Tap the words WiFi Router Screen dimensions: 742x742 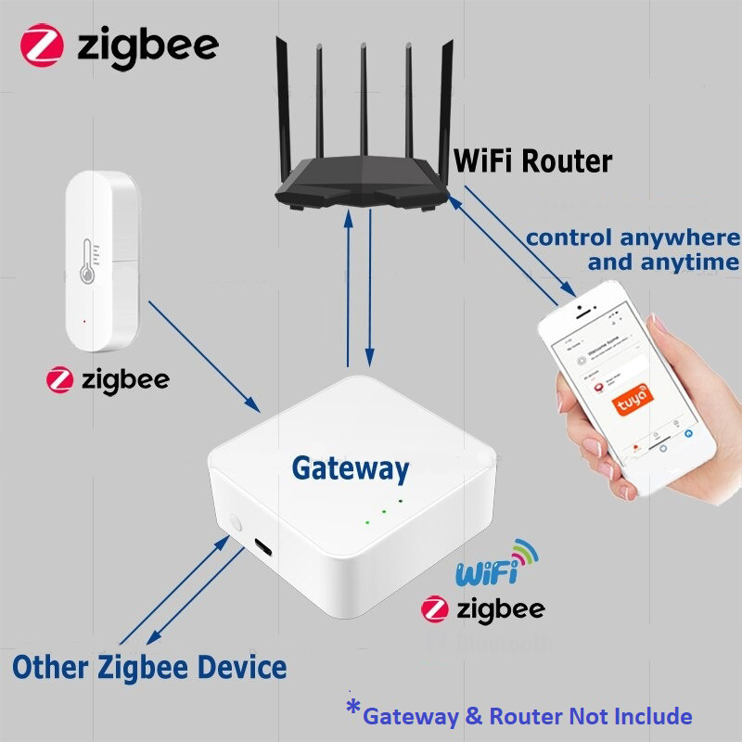(532, 160)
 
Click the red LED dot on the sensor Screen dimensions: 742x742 (84, 322)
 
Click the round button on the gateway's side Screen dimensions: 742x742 (232, 524)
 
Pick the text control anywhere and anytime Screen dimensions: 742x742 (631, 249)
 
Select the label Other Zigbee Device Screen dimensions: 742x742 (149, 666)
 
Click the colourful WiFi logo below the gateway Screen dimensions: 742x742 (497, 567)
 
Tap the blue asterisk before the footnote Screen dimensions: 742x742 (353, 710)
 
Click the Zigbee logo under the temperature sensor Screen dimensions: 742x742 (60, 379)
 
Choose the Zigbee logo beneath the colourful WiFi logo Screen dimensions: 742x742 (436, 608)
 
